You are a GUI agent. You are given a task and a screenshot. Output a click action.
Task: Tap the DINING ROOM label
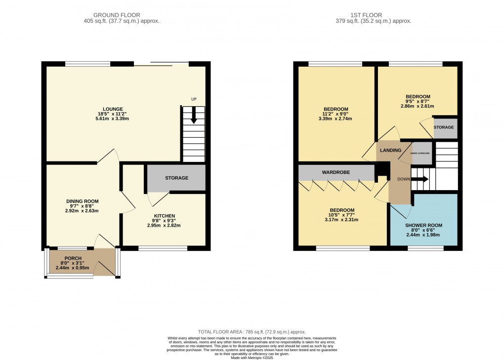coord(83,201)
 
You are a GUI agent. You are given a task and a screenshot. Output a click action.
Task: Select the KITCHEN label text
coord(164,216)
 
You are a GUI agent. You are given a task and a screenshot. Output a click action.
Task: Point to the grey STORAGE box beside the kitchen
coord(176,178)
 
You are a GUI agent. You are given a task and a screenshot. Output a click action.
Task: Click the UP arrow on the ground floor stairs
coord(194,118)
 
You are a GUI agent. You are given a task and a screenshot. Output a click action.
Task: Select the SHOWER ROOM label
coord(423,225)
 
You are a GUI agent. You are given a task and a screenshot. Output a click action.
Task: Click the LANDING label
coord(390,150)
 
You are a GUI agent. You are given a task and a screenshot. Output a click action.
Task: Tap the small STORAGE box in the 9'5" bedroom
coord(443,127)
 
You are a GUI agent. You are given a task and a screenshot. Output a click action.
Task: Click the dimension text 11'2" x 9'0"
coord(336,115)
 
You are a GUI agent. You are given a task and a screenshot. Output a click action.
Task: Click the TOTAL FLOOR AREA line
coord(252,332)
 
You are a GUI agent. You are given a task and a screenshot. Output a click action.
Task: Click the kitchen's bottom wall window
coord(163,248)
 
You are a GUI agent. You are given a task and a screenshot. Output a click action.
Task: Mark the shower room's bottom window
coord(425,248)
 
